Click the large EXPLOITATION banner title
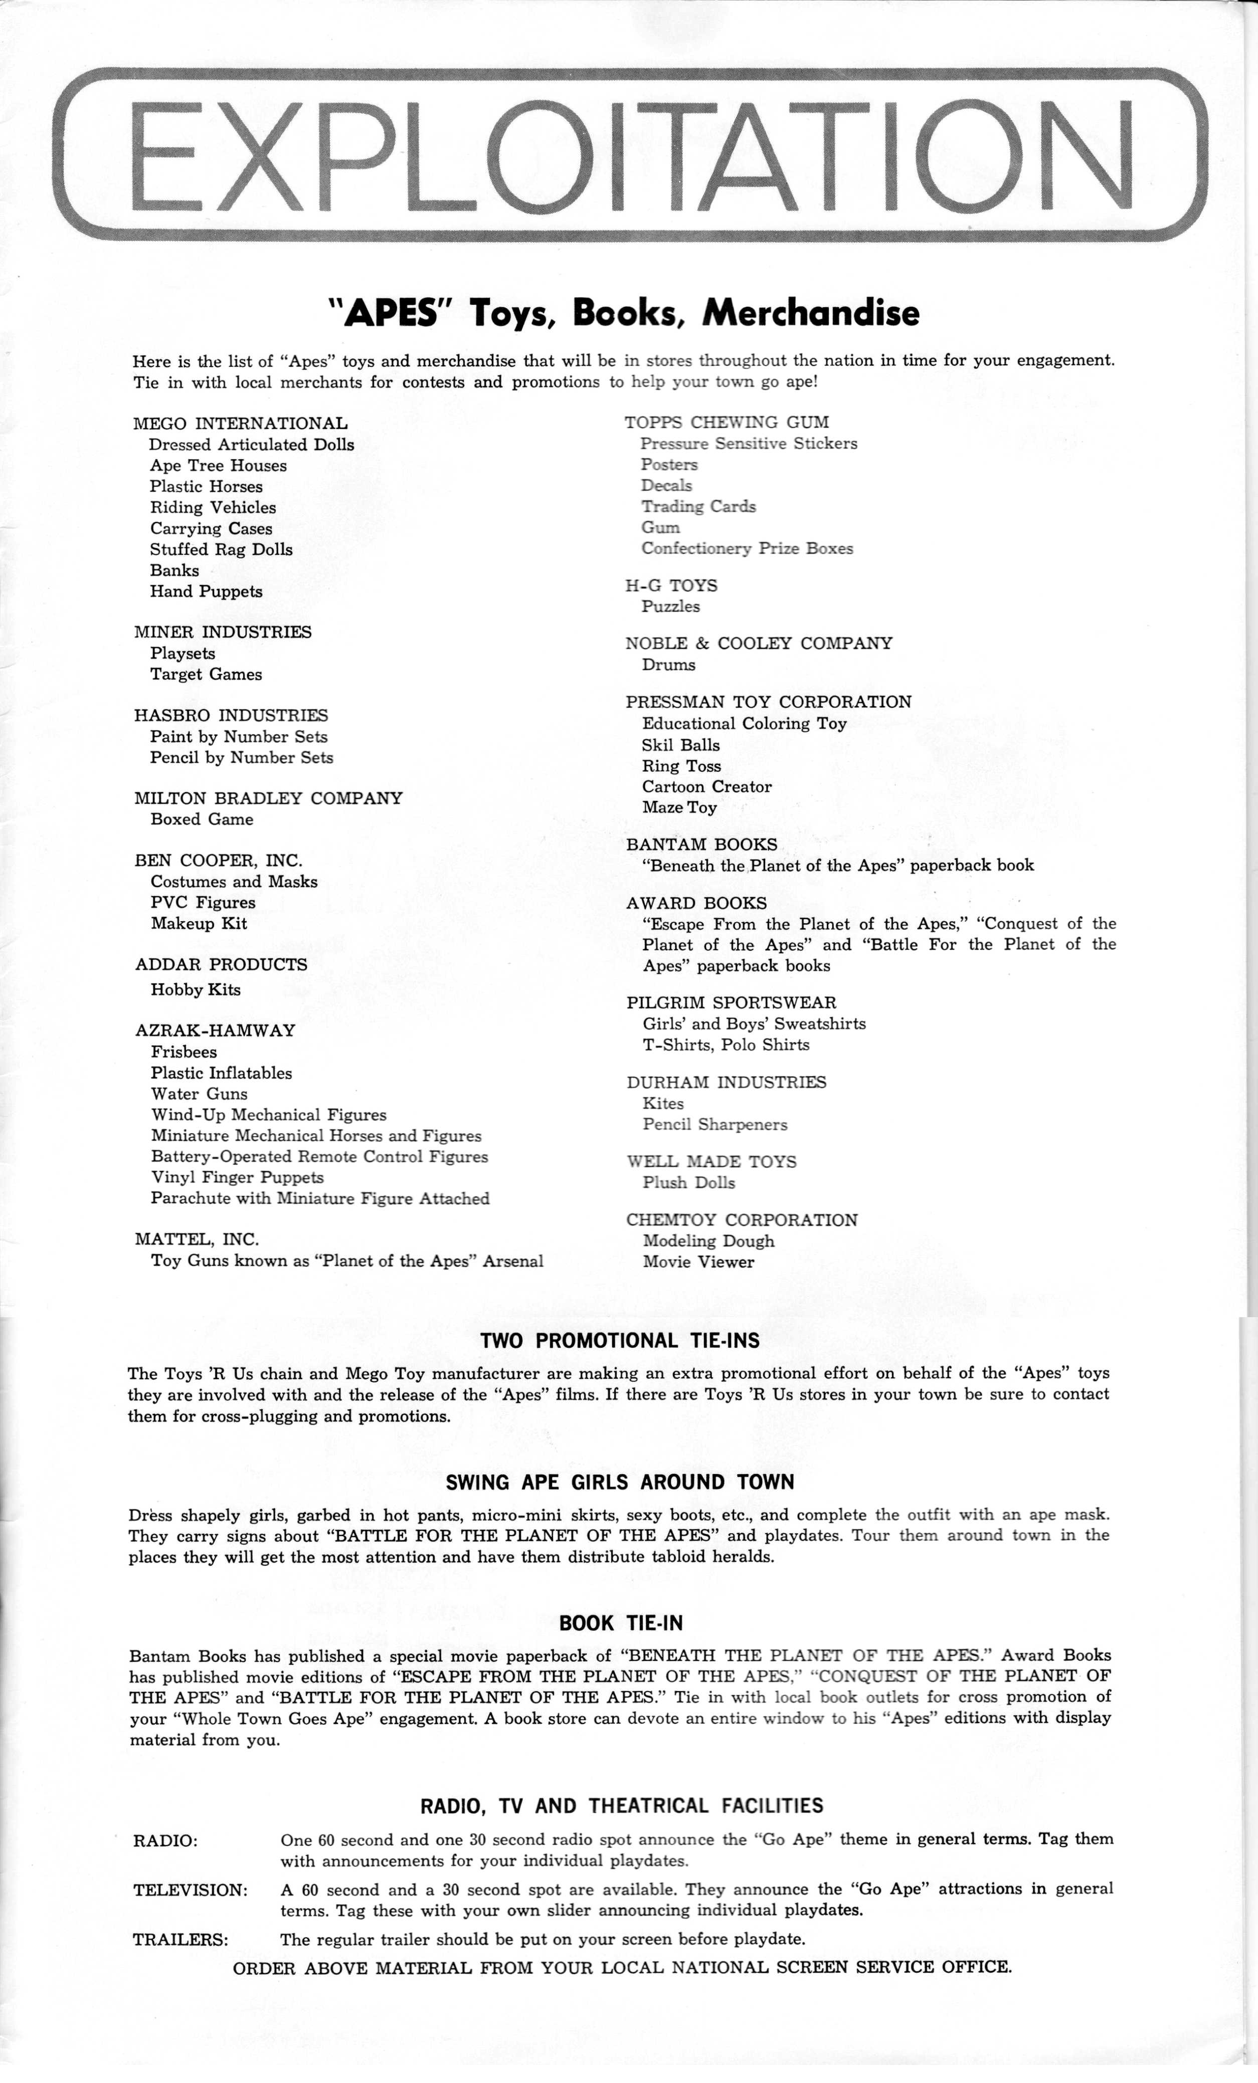pos(629,155)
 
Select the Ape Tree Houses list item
pos(218,466)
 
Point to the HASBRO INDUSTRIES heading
pos(231,715)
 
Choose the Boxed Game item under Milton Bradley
pos(202,819)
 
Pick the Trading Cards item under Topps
pos(698,506)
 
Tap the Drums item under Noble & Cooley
pos(668,665)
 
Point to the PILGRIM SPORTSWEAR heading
pos(732,1002)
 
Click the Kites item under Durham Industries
pos(663,1103)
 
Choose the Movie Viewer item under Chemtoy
pos(697,1262)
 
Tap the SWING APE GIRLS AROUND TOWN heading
pos(620,1482)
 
